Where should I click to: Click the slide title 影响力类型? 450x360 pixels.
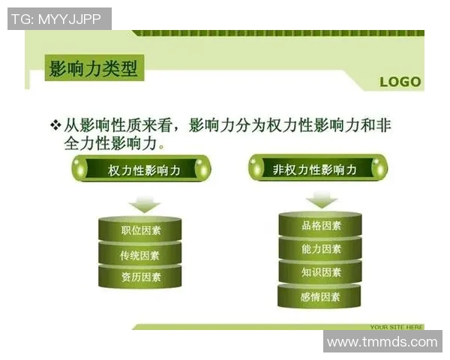tap(93, 69)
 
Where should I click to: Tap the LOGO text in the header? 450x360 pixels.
tap(400, 82)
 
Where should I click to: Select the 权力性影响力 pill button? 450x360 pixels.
tap(143, 170)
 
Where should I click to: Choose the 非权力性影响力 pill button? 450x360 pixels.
tap(317, 169)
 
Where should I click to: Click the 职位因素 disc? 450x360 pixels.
tap(140, 230)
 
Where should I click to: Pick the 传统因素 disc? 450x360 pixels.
tap(140, 255)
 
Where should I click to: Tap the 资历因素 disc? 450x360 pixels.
tap(140, 277)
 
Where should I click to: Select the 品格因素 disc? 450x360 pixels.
tap(320, 225)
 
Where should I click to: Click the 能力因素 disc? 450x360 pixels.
tap(320, 248)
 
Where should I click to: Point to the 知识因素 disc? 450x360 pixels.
tap(320, 271)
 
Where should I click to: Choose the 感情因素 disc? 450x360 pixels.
tap(320, 297)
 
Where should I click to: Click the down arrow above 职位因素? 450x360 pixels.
tap(144, 204)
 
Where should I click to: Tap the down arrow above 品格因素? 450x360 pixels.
tap(322, 199)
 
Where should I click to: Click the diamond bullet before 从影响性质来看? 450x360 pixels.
tap(55, 124)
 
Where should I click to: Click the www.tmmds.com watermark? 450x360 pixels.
tap(382, 342)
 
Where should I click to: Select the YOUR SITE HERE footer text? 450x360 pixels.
tap(396, 327)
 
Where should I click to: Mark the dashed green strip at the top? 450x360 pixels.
tap(277, 33)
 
